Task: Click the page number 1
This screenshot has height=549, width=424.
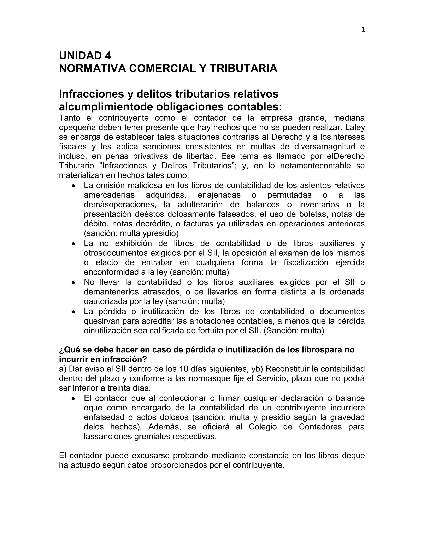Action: pyautogui.click(x=363, y=30)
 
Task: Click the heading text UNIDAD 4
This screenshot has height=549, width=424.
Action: pyautogui.click(x=85, y=56)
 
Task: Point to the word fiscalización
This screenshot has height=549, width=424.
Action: pyautogui.click(x=306, y=262)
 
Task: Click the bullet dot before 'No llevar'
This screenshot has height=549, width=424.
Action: pyautogui.click(x=73, y=283)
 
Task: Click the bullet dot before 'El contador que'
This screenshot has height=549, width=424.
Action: pyautogui.click(x=73, y=399)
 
